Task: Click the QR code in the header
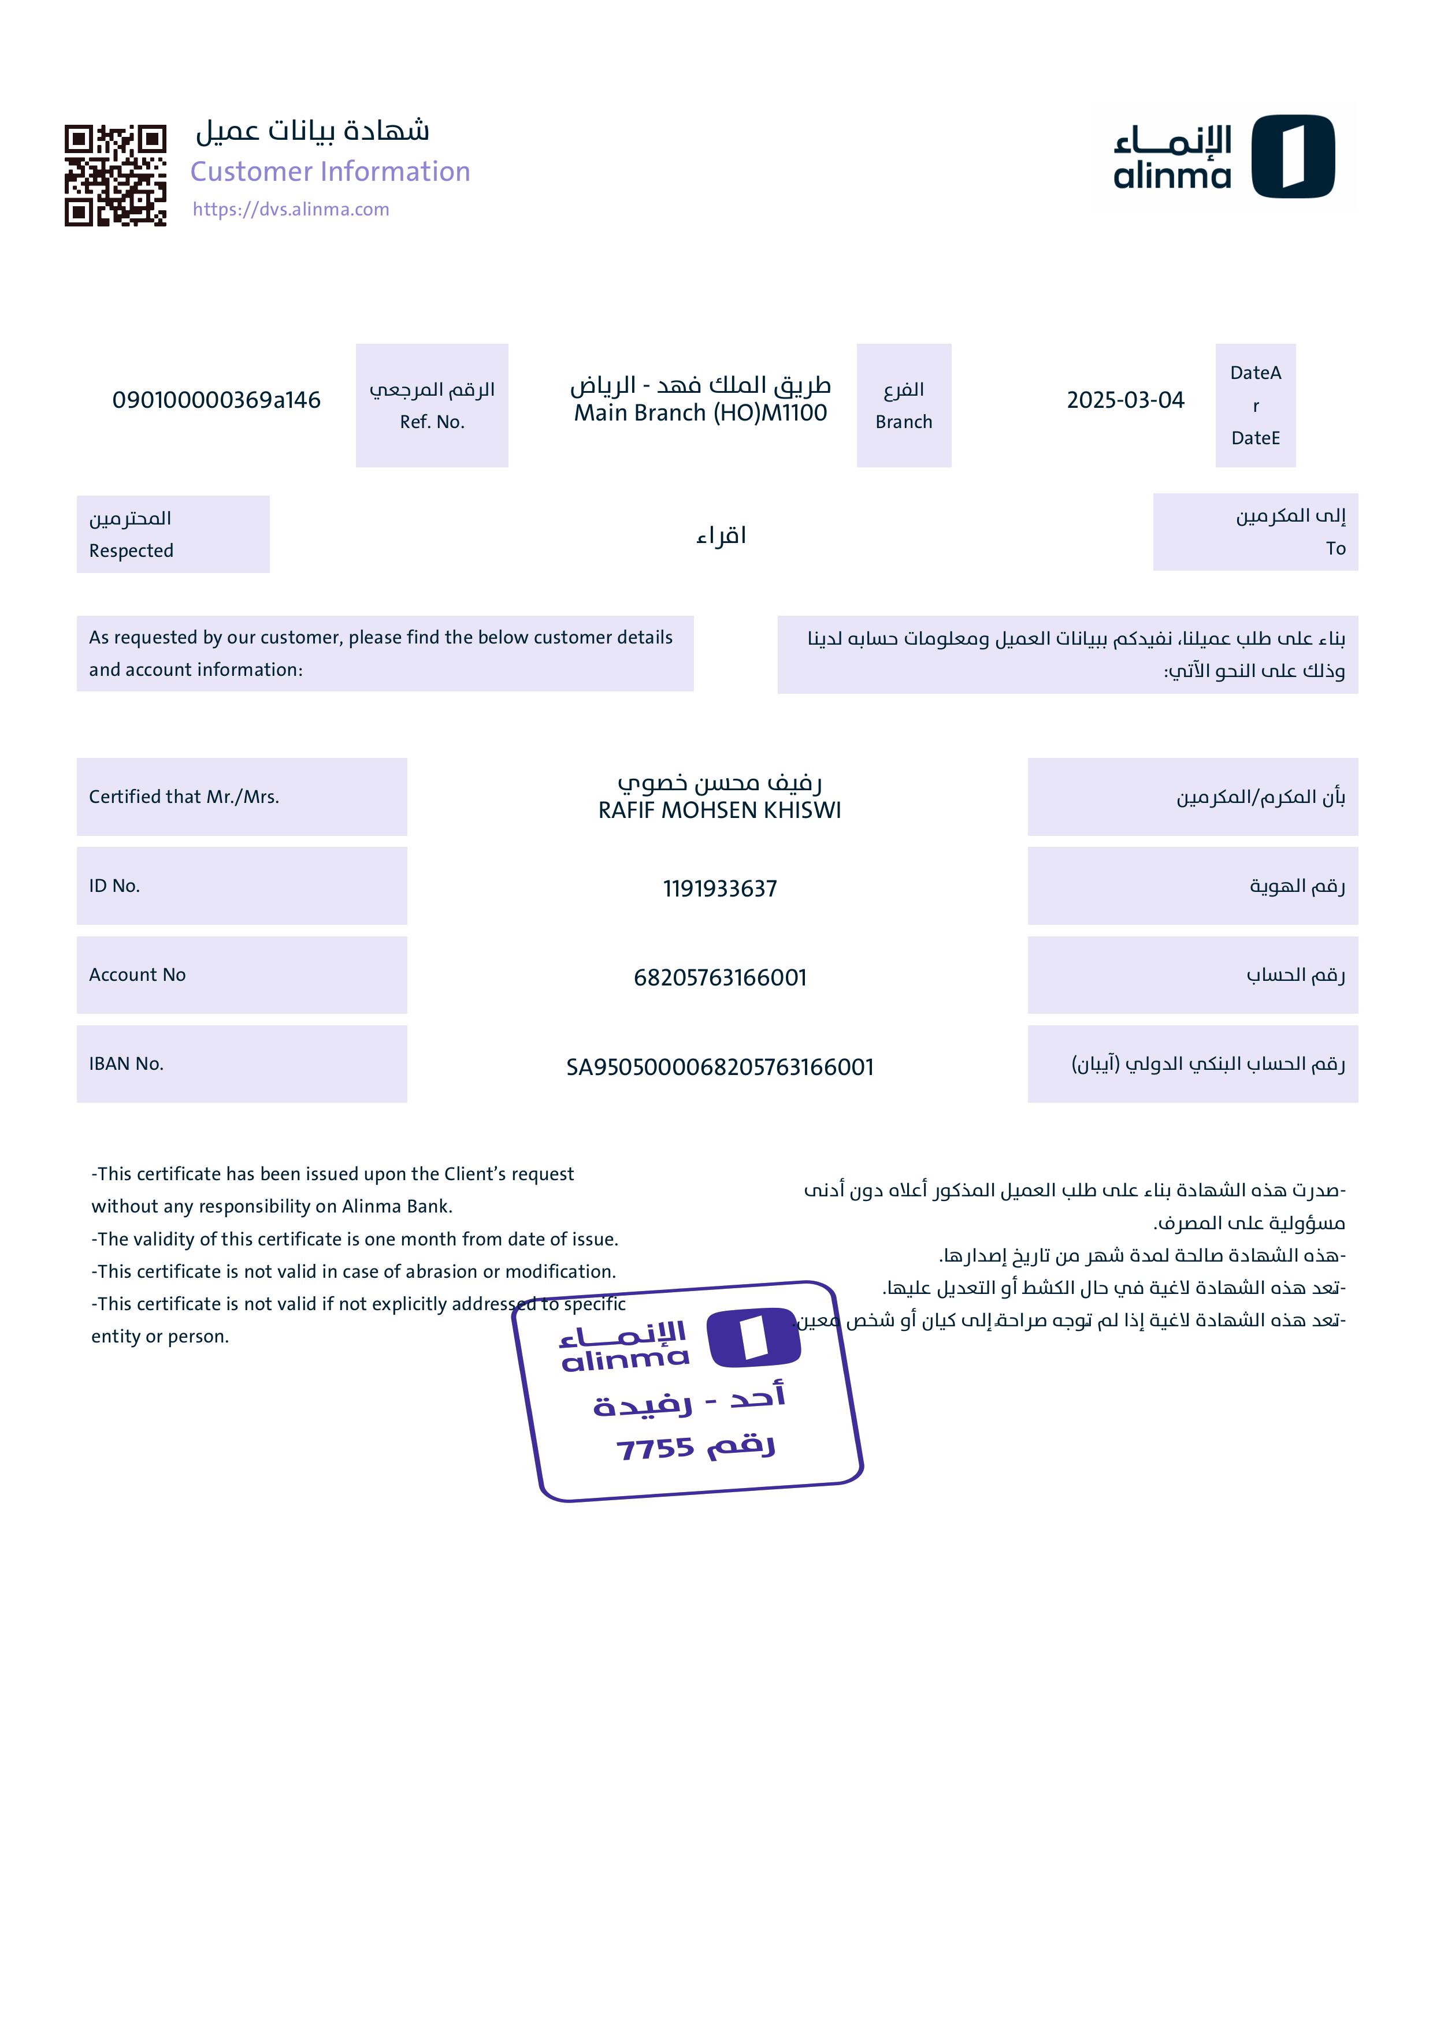point(115,175)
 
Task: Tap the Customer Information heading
point(330,171)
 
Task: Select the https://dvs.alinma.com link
point(291,209)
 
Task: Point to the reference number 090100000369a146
point(216,400)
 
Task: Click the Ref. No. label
point(432,422)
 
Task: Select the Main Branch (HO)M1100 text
point(700,413)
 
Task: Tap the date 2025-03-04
point(1125,400)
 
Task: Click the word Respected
point(132,551)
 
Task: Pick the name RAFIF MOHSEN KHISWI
point(719,810)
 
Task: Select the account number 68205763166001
point(719,977)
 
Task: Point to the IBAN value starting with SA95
point(719,1068)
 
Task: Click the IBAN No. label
point(127,1064)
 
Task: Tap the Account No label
point(137,975)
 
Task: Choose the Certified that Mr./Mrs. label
point(184,797)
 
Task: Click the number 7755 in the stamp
point(655,1449)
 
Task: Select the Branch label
point(903,422)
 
